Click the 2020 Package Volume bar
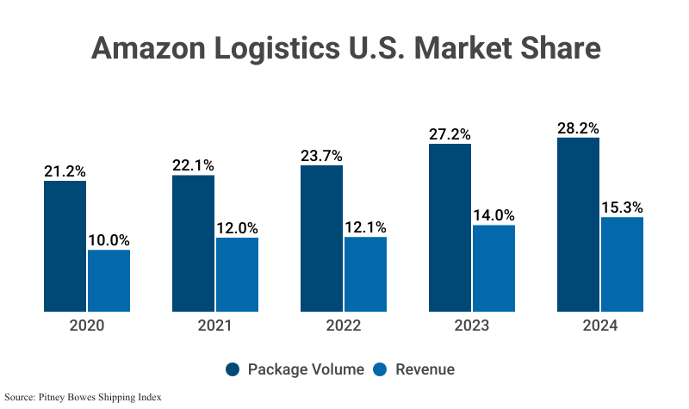65,246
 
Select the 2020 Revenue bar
109,281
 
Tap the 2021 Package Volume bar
194,244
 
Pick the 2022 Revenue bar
365,275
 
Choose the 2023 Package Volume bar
450,227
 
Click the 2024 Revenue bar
622,264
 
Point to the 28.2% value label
578,127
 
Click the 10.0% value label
109,240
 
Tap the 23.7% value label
322,156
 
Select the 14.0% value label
493,215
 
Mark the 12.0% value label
237,228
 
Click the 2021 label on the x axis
214,326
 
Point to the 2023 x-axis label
471,326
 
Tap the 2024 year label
599,326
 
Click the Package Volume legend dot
233,369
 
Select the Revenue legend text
425,369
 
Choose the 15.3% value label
622,208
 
